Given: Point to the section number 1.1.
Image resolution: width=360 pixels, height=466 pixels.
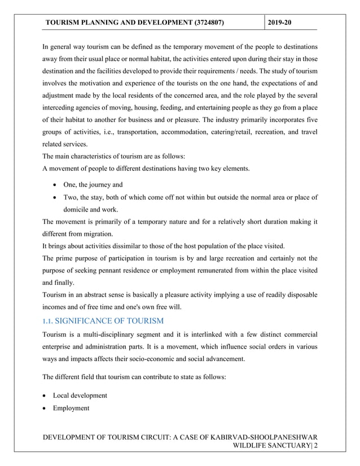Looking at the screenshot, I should (x=50, y=321).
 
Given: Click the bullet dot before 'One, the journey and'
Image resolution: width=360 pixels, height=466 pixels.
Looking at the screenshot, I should (x=54, y=184).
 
